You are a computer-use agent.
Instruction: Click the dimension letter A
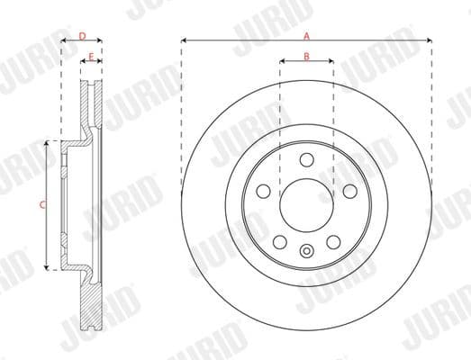pos(306,36)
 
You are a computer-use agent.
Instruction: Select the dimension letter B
pos(306,57)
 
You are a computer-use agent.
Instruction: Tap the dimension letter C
pos(41,205)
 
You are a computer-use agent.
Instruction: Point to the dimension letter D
pos(81,36)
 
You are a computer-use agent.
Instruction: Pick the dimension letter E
pos(90,57)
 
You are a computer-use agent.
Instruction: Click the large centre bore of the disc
pos(306,204)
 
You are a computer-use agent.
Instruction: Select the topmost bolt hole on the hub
pos(306,160)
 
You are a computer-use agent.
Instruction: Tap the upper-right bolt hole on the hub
pos(349,191)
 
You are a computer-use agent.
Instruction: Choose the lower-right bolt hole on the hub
pos(332,241)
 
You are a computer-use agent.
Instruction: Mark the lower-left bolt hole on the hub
pos(280,241)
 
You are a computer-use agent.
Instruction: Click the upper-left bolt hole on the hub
pos(264,191)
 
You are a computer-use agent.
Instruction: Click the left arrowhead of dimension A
pos(184,40)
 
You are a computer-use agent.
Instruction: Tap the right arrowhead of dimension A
pos(430,40)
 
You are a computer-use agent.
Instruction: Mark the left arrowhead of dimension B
pos(282,62)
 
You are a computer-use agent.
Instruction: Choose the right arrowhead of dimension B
pos(331,62)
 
